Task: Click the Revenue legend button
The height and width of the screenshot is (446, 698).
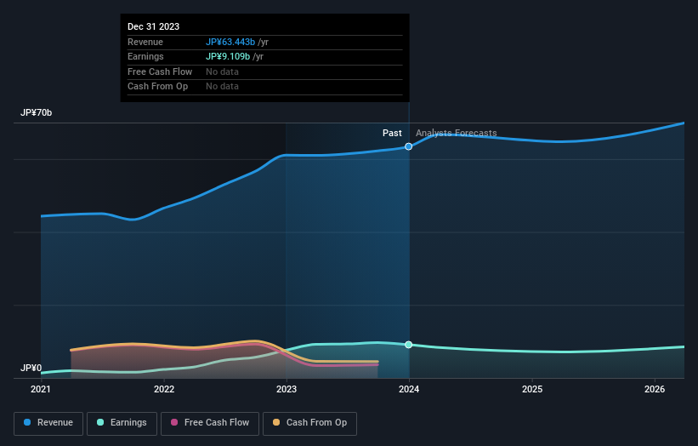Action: click(x=48, y=423)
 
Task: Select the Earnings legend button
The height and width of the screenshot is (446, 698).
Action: click(x=122, y=423)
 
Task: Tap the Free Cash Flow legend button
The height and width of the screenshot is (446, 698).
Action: click(x=210, y=423)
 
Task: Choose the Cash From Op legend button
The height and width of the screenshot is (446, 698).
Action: click(x=309, y=423)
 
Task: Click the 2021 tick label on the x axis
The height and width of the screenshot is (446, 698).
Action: click(x=41, y=390)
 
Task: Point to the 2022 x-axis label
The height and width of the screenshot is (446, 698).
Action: click(x=164, y=390)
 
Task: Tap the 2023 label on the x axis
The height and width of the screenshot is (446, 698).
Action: click(x=287, y=390)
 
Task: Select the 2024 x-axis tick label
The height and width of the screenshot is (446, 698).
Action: click(x=409, y=390)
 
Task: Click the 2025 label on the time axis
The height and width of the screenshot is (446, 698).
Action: click(x=532, y=390)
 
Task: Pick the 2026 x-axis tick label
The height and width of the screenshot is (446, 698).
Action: click(x=655, y=390)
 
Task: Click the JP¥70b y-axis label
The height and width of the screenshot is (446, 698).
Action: click(x=37, y=113)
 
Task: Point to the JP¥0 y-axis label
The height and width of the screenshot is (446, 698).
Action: click(x=31, y=369)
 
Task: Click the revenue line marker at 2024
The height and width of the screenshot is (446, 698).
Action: click(x=409, y=146)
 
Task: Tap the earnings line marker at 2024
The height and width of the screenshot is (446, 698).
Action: click(x=409, y=345)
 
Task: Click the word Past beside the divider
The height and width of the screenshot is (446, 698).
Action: click(x=392, y=133)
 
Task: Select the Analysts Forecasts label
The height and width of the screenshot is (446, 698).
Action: click(x=456, y=133)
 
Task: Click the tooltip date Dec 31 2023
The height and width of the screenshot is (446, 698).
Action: click(x=153, y=27)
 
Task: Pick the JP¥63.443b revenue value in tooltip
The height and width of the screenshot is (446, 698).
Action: click(x=230, y=42)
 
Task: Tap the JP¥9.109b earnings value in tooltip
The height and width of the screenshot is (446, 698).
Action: click(x=227, y=57)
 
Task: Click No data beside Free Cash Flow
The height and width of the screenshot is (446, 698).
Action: click(x=222, y=72)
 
